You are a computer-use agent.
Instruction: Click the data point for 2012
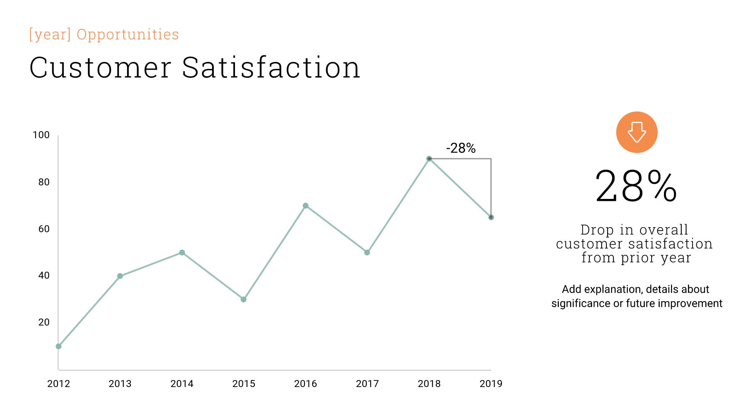pyautogui.click(x=59, y=346)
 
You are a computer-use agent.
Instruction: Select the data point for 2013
pyautogui.click(x=120, y=276)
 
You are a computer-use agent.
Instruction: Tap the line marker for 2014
pyautogui.click(x=182, y=253)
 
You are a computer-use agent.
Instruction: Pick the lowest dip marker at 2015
pyautogui.click(x=243, y=300)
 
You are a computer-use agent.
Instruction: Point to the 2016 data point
pyautogui.click(x=306, y=206)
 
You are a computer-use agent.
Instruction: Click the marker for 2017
pyautogui.click(x=367, y=253)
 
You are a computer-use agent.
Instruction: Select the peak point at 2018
pyautogui.click(x=429, y=159)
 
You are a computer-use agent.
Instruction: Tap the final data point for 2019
pyautogui.click(x=491, y=218)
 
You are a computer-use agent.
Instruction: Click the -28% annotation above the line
pyautogui.click(x=461, y=148)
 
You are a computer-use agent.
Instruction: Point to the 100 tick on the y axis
pyautogui.click(x=41, y=135)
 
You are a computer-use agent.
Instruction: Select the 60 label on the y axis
pyautogui.click(x=44, y=229)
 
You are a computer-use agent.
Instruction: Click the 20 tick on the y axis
pyautogui.click(x=44, y=322)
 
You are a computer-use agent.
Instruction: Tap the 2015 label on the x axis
pyautogui.click(x=243, y=384)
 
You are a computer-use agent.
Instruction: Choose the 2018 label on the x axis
pyautogui.click(x=429, y=384)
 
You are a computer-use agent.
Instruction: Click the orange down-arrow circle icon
pyautogui.click(x=636, y=132)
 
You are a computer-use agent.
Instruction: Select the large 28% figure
pyautogui.click(x=636, y=187)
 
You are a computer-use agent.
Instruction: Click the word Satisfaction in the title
pyautogui.click(x=271, y=68)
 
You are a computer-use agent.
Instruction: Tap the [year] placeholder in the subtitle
pyautogui.click(x=50, y=34)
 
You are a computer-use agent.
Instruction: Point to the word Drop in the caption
pyautogui.click(x=597, y=230)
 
